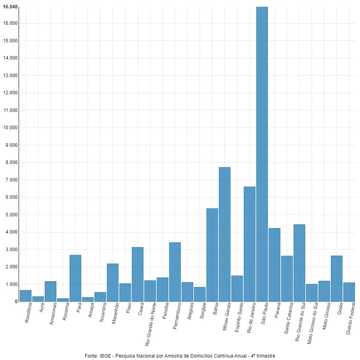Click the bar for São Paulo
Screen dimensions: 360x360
[262, 154]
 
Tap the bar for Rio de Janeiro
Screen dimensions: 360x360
[250, 244]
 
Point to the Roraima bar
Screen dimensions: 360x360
[63, 300]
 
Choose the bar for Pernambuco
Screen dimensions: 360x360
[175, 272]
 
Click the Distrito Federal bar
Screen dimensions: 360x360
[349, 292]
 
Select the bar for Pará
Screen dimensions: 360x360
[76, 278]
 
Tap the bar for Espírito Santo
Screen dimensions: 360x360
[237, 288]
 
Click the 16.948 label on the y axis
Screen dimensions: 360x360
[10, 7]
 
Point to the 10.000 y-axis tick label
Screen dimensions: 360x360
[10, 128]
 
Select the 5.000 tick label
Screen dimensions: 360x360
[10, 215]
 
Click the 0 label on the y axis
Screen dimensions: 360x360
[16, 302]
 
